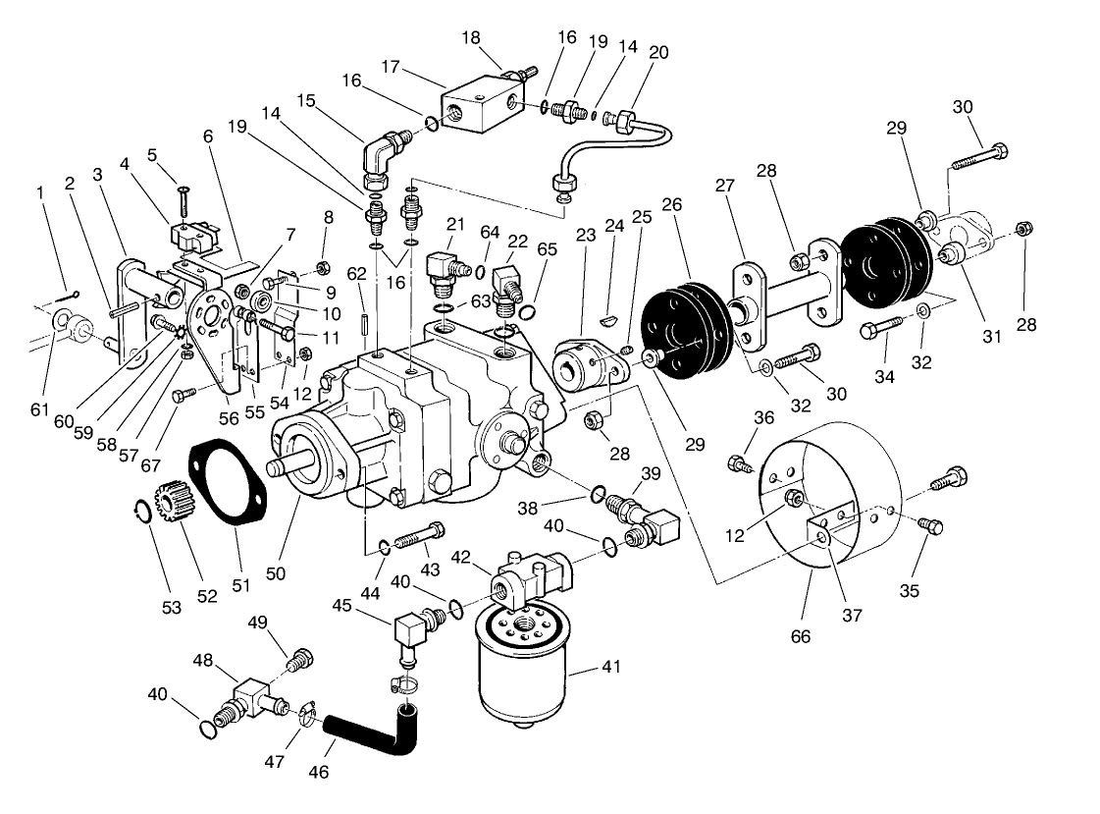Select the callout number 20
click(x=658, y=52)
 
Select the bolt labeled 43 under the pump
click(x=418, y=535)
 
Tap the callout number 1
click(x=41, y=193)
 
